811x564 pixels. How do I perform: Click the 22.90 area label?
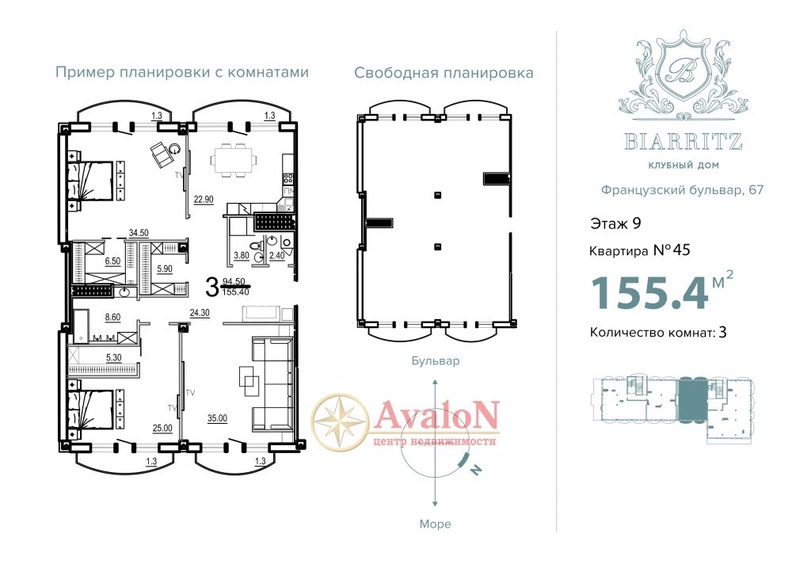[204, 200]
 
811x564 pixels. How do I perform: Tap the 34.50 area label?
[139, 234]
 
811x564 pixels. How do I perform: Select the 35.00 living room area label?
[217, 418]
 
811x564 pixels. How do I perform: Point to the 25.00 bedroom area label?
[162, 429]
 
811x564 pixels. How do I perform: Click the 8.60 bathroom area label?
[112, 318]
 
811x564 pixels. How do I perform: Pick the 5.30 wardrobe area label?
[114, 357]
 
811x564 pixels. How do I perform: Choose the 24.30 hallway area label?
[200, 313]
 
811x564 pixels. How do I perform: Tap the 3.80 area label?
[242, 256]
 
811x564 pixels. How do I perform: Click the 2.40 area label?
[277, 256]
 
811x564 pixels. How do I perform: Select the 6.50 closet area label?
[112, 261]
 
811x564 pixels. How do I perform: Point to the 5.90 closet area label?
[165, 269]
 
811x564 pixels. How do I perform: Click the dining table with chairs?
[234, 160]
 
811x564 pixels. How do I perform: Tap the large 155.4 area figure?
[649, 293]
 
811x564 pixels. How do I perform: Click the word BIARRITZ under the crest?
[683, 141]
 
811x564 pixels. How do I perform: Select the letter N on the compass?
[475, 470]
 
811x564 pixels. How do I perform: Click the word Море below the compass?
[435, 524]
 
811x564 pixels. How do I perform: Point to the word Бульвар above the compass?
[436, 360]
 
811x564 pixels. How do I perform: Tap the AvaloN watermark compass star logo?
[341, 421]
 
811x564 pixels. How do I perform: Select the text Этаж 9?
[615, 223]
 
